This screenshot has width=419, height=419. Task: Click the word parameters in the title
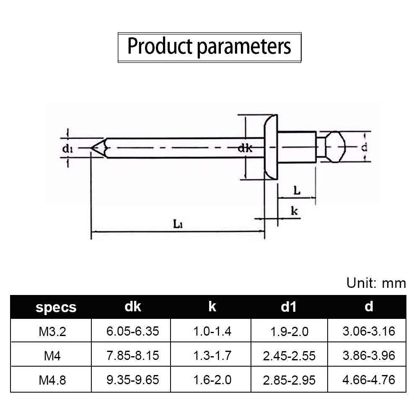pos(244,47)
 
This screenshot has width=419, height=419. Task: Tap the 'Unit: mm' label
pos(376,283)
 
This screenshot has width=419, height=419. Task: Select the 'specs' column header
pos(56,307)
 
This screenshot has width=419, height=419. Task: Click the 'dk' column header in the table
pos(133,307)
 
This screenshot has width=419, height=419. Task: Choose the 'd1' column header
pos(289,307)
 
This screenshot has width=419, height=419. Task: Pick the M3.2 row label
pos(52,331)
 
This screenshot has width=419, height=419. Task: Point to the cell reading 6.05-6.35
pos(132,331)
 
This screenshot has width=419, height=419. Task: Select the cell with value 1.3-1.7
pos(212,356)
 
